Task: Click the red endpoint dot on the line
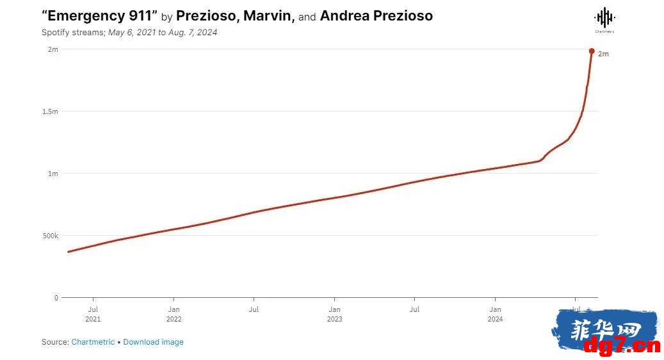(592, 51)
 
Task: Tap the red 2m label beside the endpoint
(603, 54)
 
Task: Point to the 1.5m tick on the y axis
(51, 111)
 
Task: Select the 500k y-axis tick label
(51, 236)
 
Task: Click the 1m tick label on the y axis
(53, 174)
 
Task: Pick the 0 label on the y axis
(56, 298)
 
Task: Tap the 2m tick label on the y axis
(53, 49)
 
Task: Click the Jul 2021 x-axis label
(93, 315)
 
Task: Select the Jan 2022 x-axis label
(174, 315)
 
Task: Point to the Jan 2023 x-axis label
(334, 315)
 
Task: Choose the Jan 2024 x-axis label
(495, 315)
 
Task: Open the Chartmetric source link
(93, 342)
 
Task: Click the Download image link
(153, 342)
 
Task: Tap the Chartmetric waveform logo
(604, 18)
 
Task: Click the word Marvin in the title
(269, 16)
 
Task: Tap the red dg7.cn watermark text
(622, 346)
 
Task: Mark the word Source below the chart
(55, 342)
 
